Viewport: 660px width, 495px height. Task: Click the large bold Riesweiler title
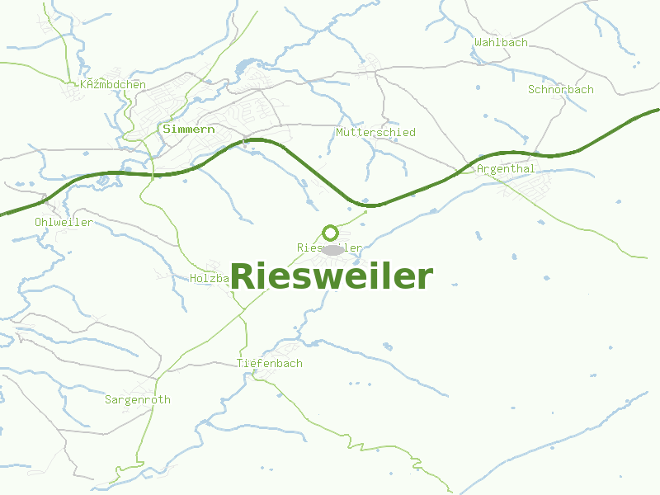(x=331, y=277)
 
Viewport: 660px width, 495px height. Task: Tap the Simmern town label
(x=189, y=130)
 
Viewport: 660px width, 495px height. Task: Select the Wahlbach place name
(x=501, y=42)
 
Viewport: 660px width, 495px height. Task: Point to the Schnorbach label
(x=560, y=89)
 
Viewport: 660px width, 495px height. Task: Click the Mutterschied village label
(x=375, y=132)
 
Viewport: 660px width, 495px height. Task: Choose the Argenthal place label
(x=506, y=169)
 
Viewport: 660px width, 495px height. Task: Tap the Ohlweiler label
(x=64, y=223)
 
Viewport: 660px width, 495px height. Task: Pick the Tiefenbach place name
(x=270, y=363)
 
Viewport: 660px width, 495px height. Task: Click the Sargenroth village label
(x=138, y=399)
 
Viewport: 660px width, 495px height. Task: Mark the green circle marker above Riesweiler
(x=330, y=233)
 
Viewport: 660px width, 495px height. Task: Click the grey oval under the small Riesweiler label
(x=332, y=249)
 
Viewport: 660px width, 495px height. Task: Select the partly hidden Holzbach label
(x=209, y=279)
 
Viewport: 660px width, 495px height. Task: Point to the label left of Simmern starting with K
(x=113, y=85)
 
